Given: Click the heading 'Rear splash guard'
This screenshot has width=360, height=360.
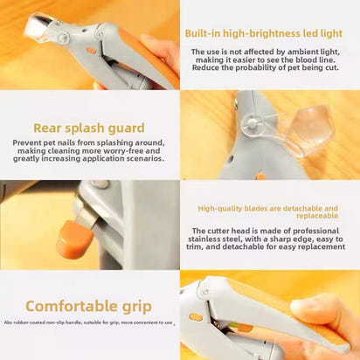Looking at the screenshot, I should point(89,128).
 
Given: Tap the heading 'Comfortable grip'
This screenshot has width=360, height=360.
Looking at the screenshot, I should point(88,306).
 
